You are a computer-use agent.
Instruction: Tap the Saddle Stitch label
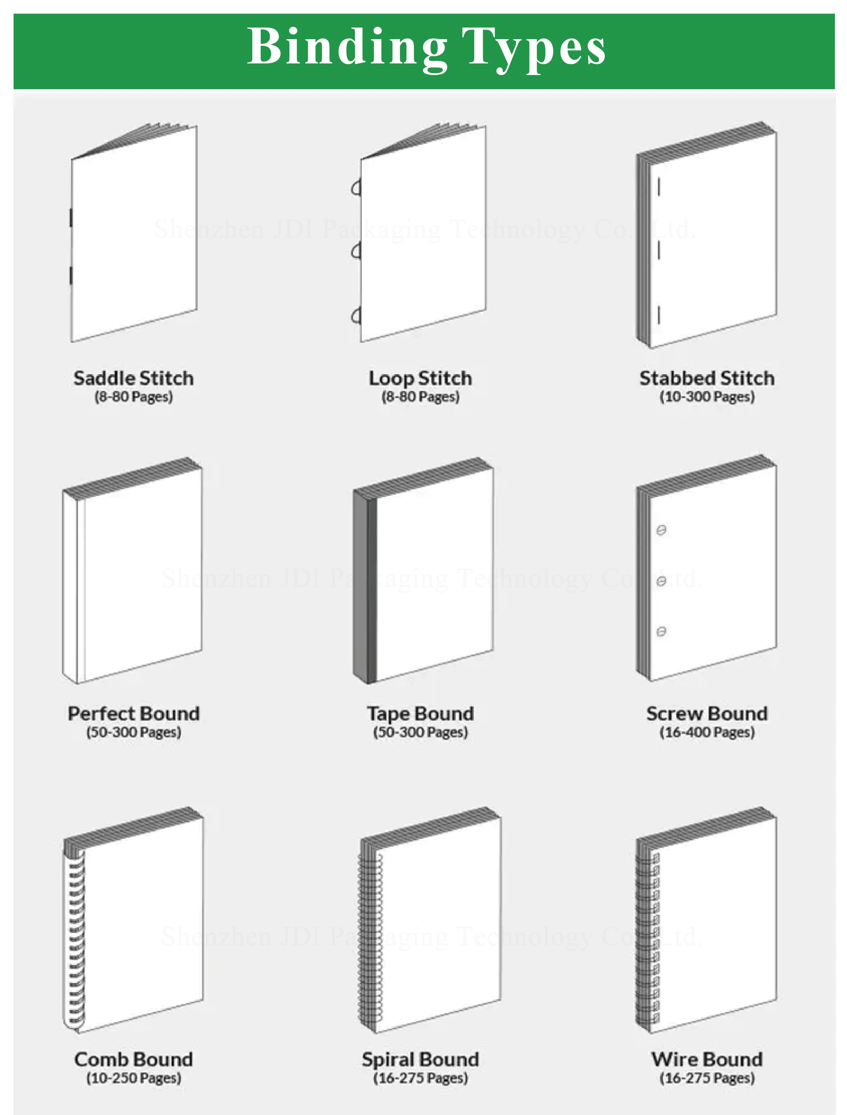pos(133,378)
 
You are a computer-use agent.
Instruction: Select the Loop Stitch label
pos(421,378)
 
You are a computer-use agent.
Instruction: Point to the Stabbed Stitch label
pos(707,378)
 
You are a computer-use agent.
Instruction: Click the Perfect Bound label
pos(133,713)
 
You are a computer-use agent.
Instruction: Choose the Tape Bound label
pos(421,713)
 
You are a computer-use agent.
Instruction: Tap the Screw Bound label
pos(707,713)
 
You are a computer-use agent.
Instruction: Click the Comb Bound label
pos(133,1059)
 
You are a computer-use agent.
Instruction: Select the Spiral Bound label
pos(421,1059)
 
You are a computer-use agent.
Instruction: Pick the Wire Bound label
pos(707,1059)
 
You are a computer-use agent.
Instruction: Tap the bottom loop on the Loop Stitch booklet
pos(356,316)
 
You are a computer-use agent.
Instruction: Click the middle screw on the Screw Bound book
pos(661,581)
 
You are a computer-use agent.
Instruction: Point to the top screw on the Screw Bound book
pos(661,530)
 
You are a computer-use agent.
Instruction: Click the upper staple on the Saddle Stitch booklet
pos(71,218)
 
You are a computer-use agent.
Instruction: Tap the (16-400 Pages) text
pos(707,732)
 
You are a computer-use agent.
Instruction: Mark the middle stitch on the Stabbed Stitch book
pos(659,251)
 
